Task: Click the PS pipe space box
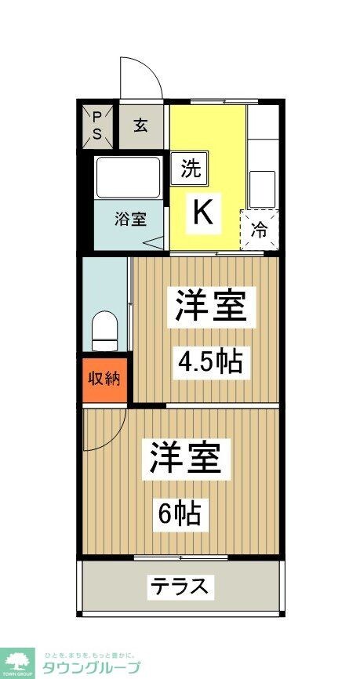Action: pyautogui.click(x=97, y=125)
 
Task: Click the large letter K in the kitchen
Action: pyautogui.click(x=202, y=212)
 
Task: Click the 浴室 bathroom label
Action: pyautogui.click(x=130, y=219)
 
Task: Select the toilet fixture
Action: pyautogui.click(x=104, y=331)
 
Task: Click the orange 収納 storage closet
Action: pyautogui.click(x=104, y=379)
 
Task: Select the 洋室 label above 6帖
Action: pyautogui.click(x=185, y=459)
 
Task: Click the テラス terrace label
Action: pyautogui.click(x=180, y=586)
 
